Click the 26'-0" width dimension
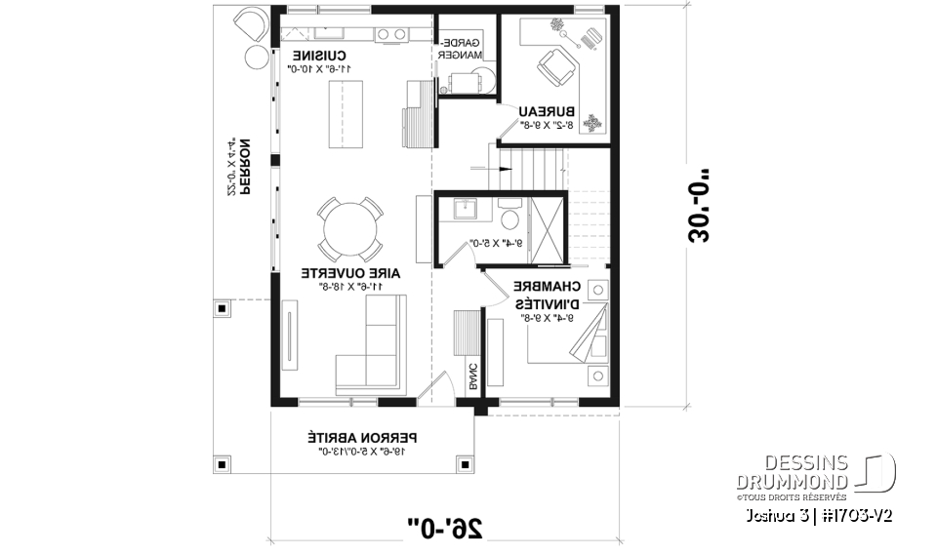(446, 528)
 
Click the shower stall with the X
(548, 230)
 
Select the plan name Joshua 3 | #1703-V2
(817, 514)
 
